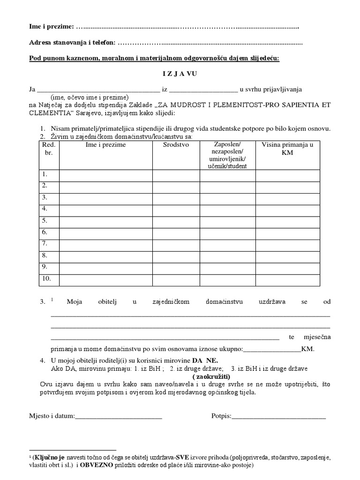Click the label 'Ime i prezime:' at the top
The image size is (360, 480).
click(x=51, y=26)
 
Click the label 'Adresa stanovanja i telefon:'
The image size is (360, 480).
click(x=72, y=43)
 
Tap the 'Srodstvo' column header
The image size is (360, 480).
click(x=176, y=145)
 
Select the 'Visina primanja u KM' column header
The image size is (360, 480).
click(x=287, y=149)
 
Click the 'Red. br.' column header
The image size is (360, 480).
click(x=49, y=149)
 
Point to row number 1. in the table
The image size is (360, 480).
click(x=45, y=174)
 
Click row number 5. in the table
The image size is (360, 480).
click(x=45, y=220)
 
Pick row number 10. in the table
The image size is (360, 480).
click(x=47, y=279)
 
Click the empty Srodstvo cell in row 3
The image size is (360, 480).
click(x=176, y=197)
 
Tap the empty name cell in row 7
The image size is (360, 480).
click(x=105, y=244)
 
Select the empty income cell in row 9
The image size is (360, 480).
click(x=287, y=267)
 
